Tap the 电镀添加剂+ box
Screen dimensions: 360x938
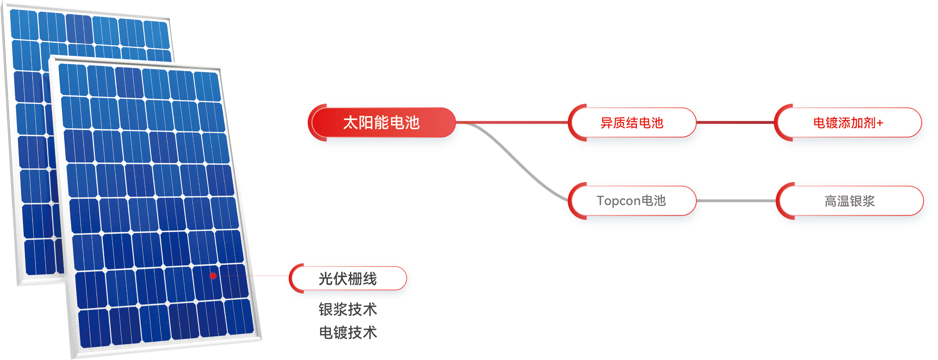[848, 123]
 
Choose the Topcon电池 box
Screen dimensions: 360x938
[631, 201]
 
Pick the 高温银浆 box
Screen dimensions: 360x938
[849, 201]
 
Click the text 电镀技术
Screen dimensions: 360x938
[348, 333]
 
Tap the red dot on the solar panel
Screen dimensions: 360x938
[214, 276]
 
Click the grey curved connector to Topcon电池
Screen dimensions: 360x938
[517, 160]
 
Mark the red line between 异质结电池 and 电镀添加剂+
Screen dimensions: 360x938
[735, 122]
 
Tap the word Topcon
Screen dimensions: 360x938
[618, 201]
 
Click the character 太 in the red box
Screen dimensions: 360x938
[350, 123]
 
